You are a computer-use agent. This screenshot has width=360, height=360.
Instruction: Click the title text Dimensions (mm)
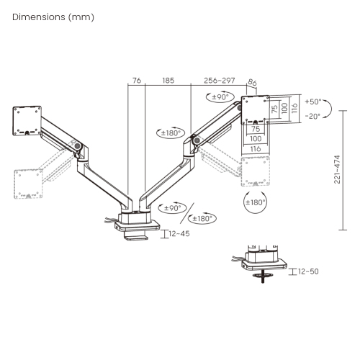pyautogui.click(x=53, y=17)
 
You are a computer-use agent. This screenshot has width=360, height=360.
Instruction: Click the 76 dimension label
pyautogui.click(x=137, y=81)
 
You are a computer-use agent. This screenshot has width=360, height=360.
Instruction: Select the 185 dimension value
pyautogui.click(x=168, y=81)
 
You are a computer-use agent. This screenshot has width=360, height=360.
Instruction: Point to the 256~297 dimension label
pyautogui.click(x=220, y=81)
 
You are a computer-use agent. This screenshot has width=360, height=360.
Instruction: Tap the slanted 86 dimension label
pyautogui.click(x=252, y=82)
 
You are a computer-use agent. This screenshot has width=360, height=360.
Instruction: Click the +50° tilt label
pyautogui.click(x=313, y=102)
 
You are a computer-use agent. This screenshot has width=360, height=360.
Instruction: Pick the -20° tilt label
pyautogui.click(x=313, y=117)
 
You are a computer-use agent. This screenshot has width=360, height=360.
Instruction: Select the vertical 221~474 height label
pyautogui.click(x=337, y=169)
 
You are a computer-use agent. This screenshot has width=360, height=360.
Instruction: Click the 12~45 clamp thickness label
pyautogui.click(x=179, y=233)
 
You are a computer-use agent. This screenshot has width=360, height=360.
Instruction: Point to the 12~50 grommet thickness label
pyautogui.click(x=308, y=271)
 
